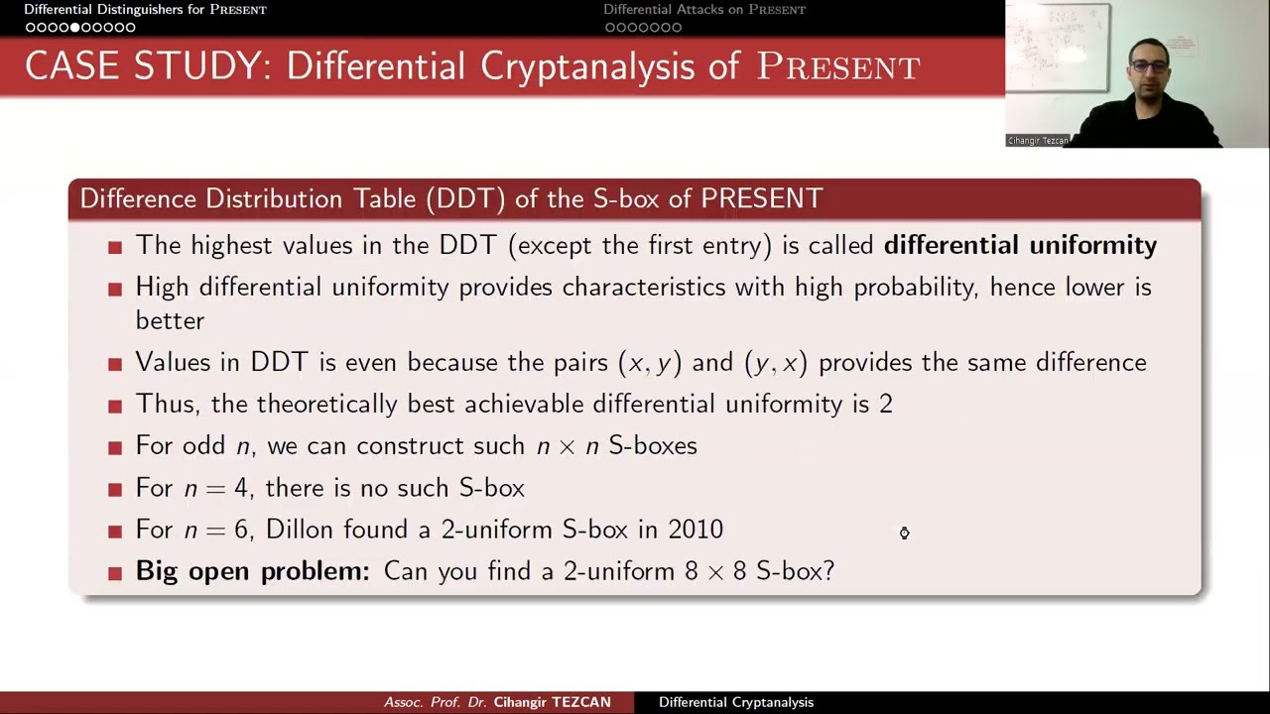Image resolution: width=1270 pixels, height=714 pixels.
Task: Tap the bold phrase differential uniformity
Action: point(1020,245)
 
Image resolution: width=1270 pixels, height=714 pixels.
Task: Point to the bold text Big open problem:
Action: point(252,571)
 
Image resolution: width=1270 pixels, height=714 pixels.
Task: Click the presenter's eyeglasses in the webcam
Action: point(1150,66)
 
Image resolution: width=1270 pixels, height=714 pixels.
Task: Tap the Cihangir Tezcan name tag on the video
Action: point(1038,141)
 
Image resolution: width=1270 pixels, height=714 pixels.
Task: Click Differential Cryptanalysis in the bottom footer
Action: point(736,702)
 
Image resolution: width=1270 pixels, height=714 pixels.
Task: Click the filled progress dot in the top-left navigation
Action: point(75,28)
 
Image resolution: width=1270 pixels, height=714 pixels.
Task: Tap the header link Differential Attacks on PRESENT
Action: point(704,10)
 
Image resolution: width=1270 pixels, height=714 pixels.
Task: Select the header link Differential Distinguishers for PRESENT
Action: point(145,10)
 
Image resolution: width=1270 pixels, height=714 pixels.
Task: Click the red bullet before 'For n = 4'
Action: point(116,489)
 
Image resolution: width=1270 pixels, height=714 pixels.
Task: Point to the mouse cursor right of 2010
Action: point(904,534)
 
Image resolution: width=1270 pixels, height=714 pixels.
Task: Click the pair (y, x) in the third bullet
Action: point(776,363)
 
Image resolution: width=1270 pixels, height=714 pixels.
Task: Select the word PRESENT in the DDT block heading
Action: point(761,198)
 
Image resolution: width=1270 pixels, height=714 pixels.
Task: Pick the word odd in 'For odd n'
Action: point(203,446)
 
